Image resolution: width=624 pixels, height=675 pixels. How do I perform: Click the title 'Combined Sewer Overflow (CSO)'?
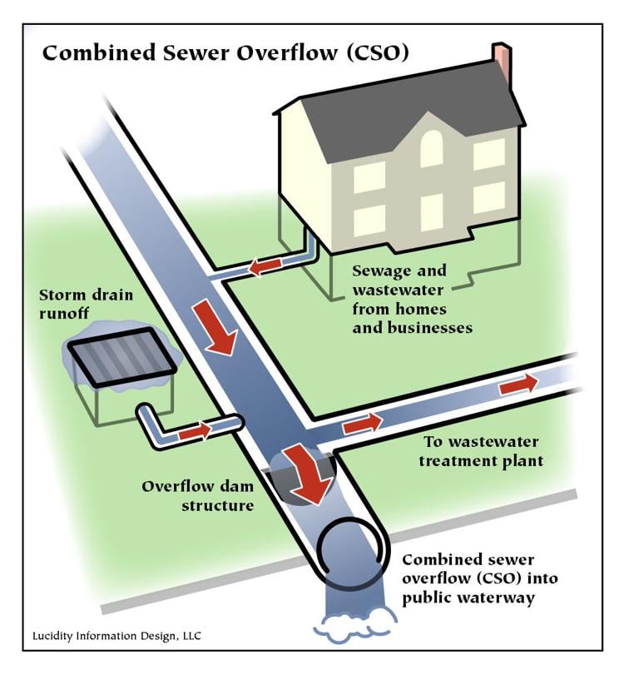[x=225, y=53]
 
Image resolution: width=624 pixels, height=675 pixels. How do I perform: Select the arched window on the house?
[x=431, y=148]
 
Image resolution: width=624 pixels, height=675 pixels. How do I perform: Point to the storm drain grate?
[x=122, y=356]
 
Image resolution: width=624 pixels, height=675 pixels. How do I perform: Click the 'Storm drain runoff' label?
[x=86, y=304]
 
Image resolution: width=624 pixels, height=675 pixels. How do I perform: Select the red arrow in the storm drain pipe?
[x=195, y=430]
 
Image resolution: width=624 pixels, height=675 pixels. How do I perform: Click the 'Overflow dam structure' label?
[x=197, y=496]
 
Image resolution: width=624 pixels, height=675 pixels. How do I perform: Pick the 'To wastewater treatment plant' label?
[x=481, y=451]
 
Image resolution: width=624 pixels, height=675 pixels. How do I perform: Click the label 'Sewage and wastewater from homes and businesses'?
[x=413, y=299]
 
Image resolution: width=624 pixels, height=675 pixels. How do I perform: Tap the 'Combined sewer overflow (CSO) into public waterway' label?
[x=480, y=578]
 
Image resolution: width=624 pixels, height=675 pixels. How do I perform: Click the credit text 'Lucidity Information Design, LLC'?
[x=116, y=636]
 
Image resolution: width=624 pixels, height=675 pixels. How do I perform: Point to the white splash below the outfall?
[x=354, y=623]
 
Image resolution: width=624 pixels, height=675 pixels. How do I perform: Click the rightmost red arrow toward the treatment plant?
[x=518, y=384]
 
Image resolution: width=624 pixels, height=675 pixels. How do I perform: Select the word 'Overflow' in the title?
[x=287, y=53]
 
